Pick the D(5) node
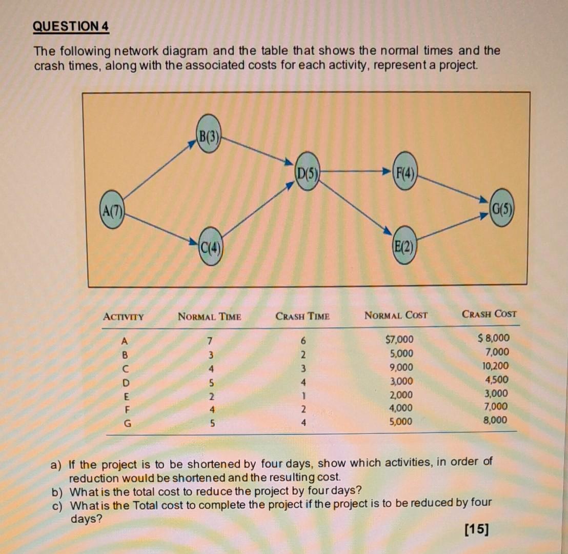[x=307, y=171]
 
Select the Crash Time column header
[x=302, y=316]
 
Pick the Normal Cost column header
[x=396, y=315]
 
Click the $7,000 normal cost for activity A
[x=398, y=340]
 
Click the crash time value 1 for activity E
[x=303, y=395]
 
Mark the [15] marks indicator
[x=476, y=529]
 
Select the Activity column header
[x=123, y=316]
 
